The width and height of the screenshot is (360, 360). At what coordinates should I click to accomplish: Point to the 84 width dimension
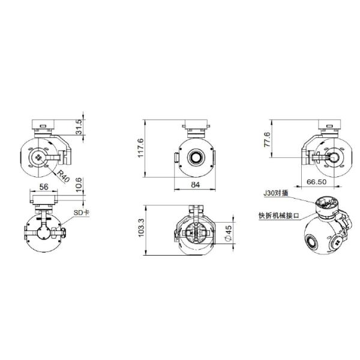[x=195, y=185]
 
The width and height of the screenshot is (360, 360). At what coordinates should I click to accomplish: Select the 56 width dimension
[x=43, y=187]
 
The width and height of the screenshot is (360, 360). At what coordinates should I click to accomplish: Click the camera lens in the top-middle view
[x=196, y=157]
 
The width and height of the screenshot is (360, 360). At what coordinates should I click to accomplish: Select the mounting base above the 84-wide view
[x=196, y=128]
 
